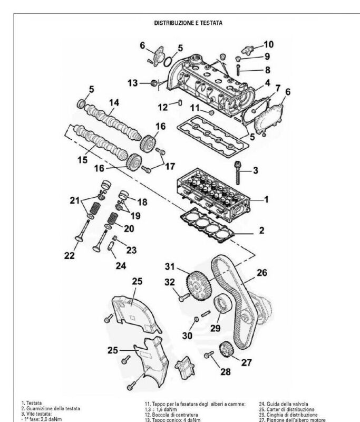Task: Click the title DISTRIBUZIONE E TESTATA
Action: click(188, 23)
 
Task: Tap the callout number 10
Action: click(269, 44)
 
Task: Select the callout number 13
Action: click(133, 83)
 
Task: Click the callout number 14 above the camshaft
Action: click(114, 102)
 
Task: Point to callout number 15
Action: click(83, 160)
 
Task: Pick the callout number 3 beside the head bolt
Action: click(256, 170)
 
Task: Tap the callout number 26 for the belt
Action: click(262, 273)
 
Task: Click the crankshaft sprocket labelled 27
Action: click(226, 349)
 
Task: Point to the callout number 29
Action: click(216, 328)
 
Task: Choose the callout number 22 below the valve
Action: click(70, 255)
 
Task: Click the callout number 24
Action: click(121, 266)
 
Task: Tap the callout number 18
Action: click(142, 202)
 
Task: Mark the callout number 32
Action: click(170, 282)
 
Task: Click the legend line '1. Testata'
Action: click(32, 403)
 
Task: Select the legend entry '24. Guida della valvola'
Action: click(284, 404)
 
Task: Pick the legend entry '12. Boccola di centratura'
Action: click(171, 415)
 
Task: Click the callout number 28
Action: click(226, 372)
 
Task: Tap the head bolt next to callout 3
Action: click(238, 173)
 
